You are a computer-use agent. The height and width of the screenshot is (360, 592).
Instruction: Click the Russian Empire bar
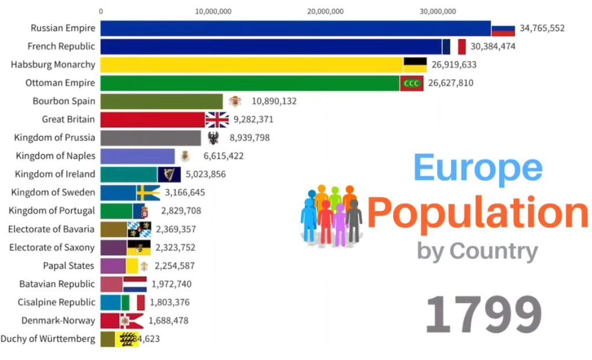pos(295,28)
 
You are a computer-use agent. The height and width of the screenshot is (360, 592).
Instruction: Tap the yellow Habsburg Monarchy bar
pos(251,65)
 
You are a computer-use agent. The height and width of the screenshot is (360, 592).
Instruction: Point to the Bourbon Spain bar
pos(161,102)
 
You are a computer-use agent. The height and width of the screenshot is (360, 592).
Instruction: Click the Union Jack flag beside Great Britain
pos(217,120)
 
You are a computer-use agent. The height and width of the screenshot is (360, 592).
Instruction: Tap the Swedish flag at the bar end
pos(149,192)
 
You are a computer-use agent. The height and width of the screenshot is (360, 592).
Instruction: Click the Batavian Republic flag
pos(135,284)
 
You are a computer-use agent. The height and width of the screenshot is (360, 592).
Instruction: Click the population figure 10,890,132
pos(274,102)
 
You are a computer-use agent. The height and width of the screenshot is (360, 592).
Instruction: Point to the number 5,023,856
pos(206,175)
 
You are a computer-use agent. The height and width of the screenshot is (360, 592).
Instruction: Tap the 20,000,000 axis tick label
pos(325,11)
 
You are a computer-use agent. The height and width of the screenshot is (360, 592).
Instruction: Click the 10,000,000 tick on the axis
pos(213,11)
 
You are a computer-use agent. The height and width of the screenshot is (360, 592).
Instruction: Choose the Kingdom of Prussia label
pos(55,138)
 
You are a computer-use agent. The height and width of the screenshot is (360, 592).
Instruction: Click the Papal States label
pos(69,266)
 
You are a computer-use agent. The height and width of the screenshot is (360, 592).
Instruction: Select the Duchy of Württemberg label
pos(48,339)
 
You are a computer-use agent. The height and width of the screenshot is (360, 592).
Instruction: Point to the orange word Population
pos(478,213)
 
